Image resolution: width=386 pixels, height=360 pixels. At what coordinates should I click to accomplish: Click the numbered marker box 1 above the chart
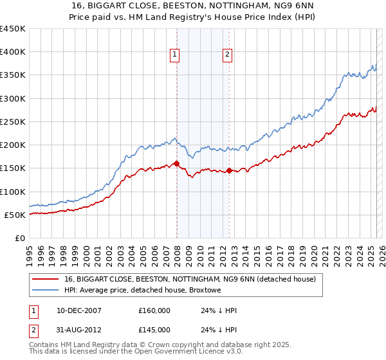[x=174, y=55]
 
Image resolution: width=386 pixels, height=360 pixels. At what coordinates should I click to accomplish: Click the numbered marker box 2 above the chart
[x=228, y=55]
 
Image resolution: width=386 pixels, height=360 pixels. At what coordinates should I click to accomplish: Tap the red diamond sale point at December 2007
[x=176, y=164]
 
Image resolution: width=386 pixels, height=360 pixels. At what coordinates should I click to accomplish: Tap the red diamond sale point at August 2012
[x=230, y=171]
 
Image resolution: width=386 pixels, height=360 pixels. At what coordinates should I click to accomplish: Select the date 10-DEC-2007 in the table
[x=79, y=310]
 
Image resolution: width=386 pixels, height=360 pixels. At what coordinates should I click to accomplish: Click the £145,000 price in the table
[x=154, y=330]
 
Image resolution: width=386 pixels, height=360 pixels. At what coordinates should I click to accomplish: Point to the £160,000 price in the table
[x=154, y=310]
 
